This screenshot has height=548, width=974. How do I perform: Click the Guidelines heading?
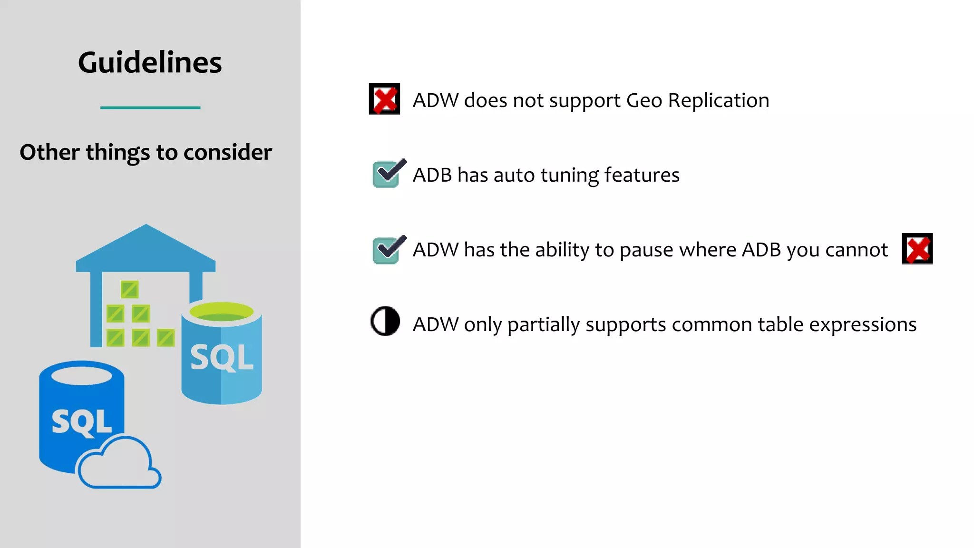pos(150,62)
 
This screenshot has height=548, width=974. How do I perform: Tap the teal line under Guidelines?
pos(150,108)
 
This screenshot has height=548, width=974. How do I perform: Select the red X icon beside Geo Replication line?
pos(384,99)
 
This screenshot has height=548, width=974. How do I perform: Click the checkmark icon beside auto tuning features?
pos(388,174)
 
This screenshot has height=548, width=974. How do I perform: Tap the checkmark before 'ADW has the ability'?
pos(388,250)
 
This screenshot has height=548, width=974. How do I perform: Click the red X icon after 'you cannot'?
pos(917,249)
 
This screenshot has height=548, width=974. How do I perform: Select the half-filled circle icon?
pos(385,321)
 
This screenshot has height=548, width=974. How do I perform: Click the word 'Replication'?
pos(718,100)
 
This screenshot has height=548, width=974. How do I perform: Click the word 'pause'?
pos(641,250)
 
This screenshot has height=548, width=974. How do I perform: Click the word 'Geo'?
pos(644,100)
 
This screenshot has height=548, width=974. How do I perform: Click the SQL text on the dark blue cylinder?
pos(81,421)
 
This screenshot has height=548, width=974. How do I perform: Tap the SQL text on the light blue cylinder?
pos(222,357)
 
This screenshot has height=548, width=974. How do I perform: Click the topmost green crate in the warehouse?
pos(129,289)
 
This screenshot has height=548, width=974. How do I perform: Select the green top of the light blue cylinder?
pos(221,312)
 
